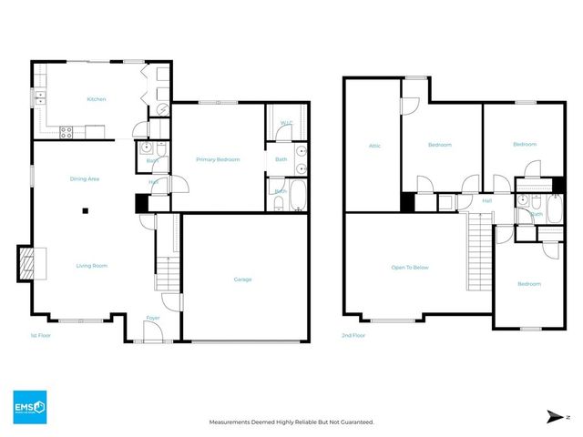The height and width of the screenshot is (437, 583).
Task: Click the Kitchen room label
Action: [97, 98]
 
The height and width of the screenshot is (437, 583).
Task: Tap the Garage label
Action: [241, 279]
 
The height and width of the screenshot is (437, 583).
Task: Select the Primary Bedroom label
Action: [218, 159]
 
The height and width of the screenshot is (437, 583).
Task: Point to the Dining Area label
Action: [85, 178]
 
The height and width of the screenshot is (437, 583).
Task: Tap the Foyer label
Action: [152, 318]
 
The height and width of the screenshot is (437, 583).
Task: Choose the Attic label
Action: [373, 145]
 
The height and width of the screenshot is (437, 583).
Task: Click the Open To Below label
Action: [410, 268]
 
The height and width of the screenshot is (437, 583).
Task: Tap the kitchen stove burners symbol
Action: [66, 131]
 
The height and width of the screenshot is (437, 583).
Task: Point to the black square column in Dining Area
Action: [85, 210]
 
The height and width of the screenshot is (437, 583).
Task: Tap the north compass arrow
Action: [553, 416]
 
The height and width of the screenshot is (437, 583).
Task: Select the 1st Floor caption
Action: [41, 336]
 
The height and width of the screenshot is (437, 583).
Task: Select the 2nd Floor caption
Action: [354, 336]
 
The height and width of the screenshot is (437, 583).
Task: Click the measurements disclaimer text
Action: [291, 422]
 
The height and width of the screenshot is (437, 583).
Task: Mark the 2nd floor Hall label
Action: [486, 200]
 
